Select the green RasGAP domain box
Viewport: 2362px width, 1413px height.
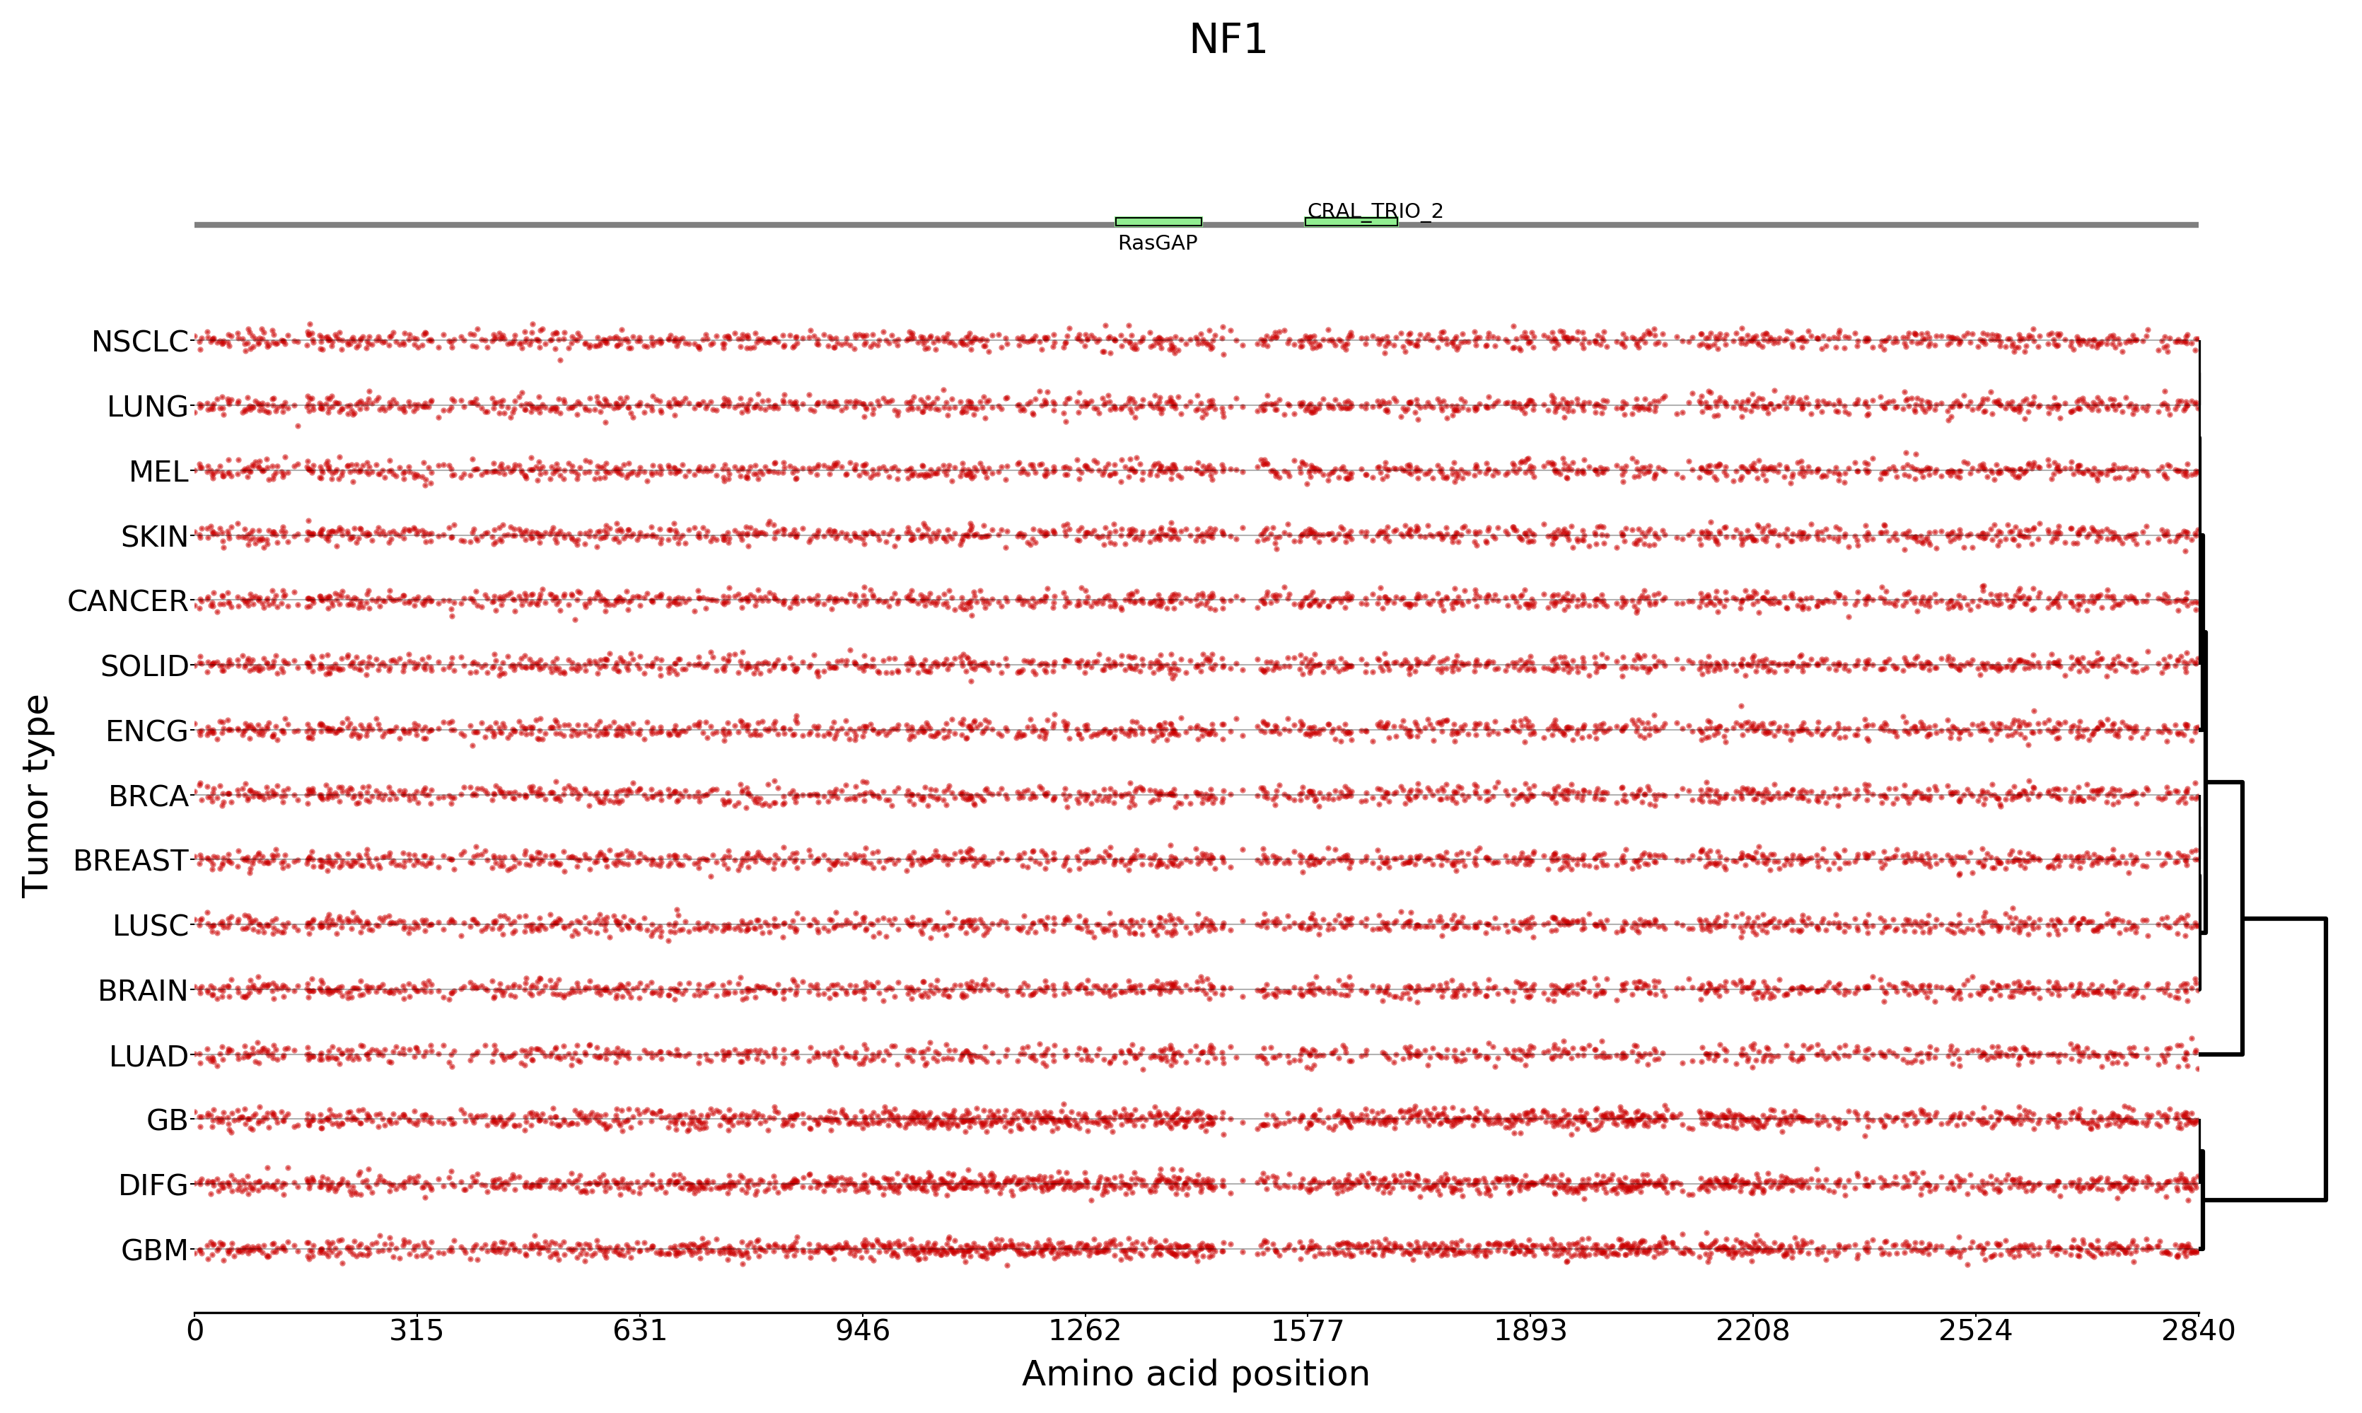point(1158,222)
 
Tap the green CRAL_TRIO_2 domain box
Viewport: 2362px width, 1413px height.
point(1350,222)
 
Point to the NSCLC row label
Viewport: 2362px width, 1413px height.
point(140,342)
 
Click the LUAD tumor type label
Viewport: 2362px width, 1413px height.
point(149,1057)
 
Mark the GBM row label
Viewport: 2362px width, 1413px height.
point(154,1250)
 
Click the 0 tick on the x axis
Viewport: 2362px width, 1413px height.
point(195,1330)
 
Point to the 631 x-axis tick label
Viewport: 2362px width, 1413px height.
point(640,1330)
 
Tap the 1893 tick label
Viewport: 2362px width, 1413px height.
point(1530,1330)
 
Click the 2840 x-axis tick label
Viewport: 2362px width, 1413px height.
point(2197,1330)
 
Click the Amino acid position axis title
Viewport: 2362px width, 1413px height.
point(1195,1374)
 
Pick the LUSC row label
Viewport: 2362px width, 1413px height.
point(151,926)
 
